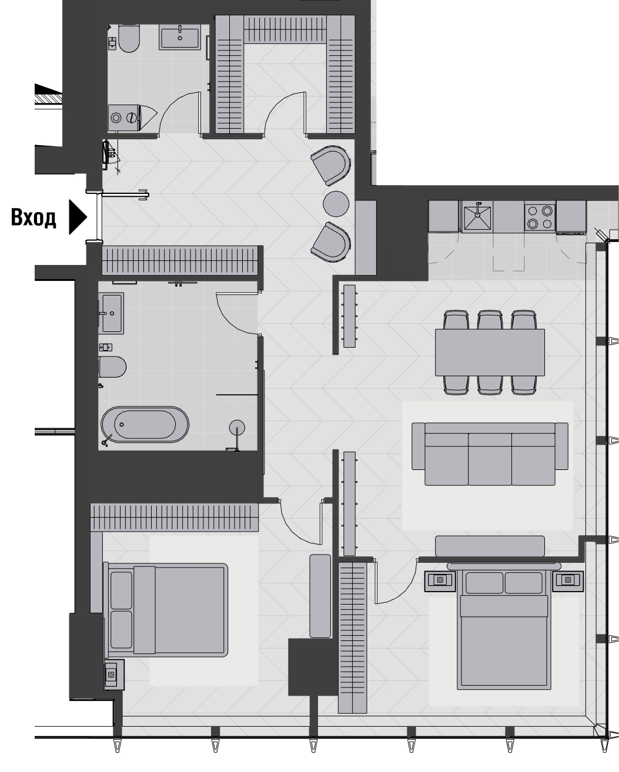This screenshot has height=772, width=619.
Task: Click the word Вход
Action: [x=34, y=218]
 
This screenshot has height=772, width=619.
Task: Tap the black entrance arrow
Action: [x=78, y=218]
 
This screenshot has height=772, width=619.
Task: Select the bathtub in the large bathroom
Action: [x=145, y=424]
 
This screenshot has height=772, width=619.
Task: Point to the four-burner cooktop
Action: [x=539, y=216]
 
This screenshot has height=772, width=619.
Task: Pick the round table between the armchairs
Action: [x=337, y=203]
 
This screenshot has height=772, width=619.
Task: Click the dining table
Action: [x=489, y=352]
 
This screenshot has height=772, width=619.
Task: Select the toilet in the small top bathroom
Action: [x=128, y=38]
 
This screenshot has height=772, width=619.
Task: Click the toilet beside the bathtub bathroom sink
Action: [x=112, y=367]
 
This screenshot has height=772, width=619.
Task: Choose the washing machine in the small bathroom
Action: [x=125, y=117]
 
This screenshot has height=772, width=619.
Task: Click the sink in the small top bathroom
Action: [x=180, y=36]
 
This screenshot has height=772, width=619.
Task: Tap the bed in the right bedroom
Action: [x=505, y=629]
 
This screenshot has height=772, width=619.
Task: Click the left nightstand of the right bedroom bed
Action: [x=440, y=580]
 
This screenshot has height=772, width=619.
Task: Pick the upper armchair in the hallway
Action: [x=330, y=164]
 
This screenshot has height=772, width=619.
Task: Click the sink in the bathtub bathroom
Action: [x=111, y=314]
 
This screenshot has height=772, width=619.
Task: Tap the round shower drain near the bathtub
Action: [x=237, y=427]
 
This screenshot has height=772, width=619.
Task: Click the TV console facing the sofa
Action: [x=490, y=545]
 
